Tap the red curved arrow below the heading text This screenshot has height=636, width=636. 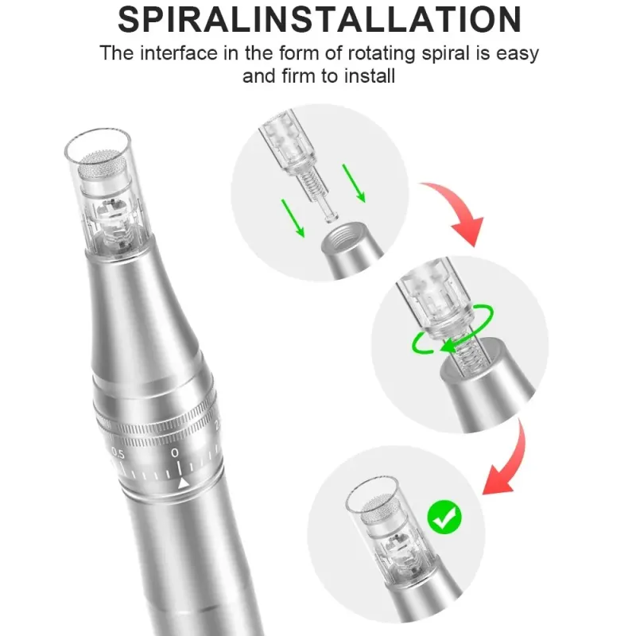pos(456,210)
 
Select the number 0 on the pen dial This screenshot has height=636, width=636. pos(175,452)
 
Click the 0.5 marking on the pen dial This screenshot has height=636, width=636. pos(118,453)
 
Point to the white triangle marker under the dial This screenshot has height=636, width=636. pos(184,483)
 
